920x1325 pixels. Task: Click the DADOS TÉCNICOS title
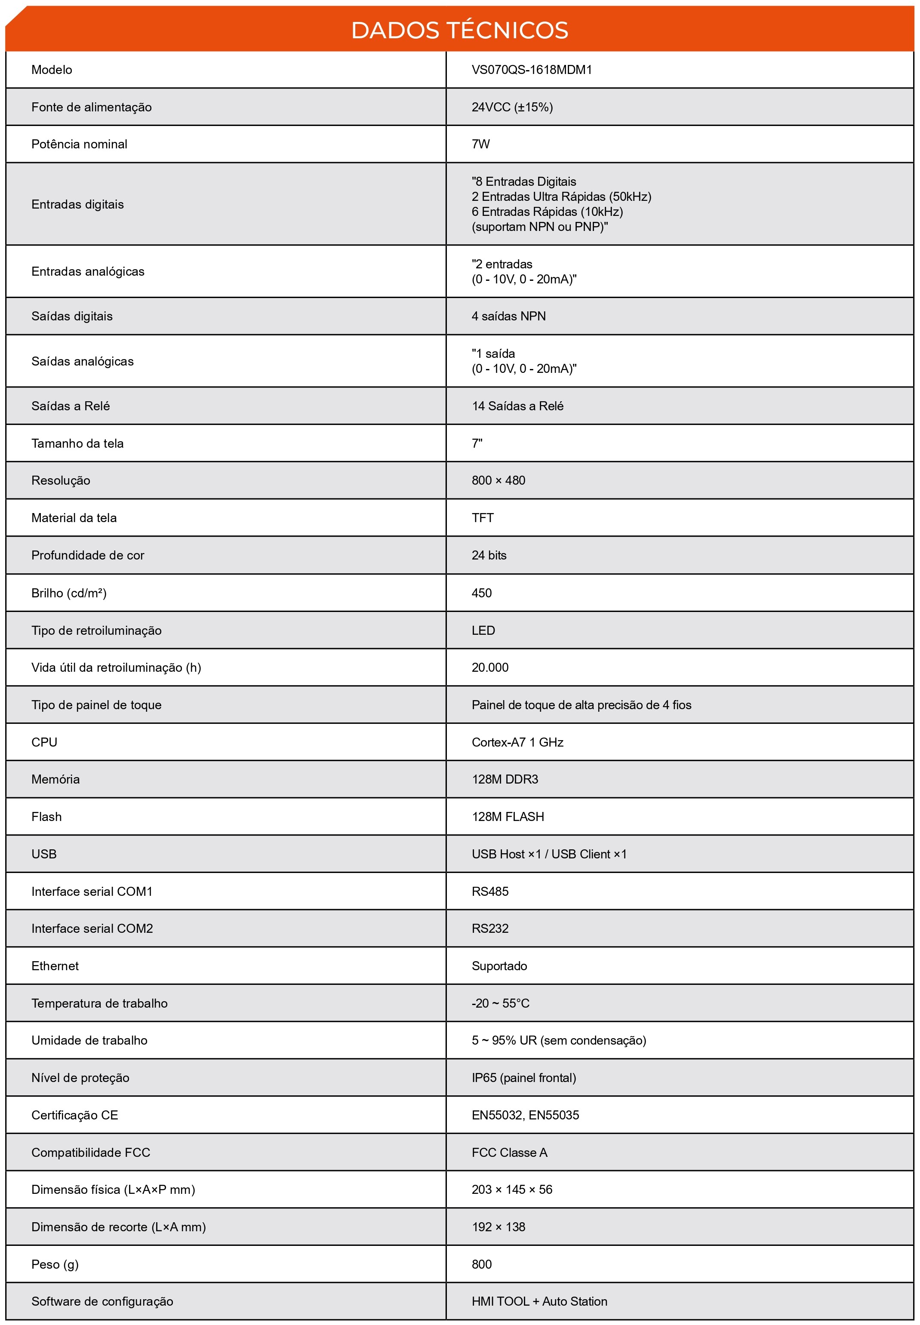pos(459,30)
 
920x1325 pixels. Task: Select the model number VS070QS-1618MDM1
pos(532,70)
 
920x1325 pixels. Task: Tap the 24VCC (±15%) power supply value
pos(512,107)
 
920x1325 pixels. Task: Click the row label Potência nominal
pos(79,144)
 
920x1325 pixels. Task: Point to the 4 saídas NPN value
pos(508,316)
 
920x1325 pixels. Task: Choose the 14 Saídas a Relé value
pos(517,406)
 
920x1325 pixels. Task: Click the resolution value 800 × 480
pos(498,480)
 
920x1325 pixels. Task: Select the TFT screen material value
pos(483,517)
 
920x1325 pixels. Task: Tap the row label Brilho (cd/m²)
pos(68,593)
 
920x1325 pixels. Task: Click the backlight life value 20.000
pos(490,667)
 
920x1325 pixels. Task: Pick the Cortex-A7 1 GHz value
pos(517,742)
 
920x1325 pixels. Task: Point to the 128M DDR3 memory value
pos(505,779)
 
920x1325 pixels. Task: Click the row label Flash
pos(46,817)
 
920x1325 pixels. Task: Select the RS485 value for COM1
pos(490,891)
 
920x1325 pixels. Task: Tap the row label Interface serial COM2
pos(92,928)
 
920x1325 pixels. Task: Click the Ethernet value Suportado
pos(499,966)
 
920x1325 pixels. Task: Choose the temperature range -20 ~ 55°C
pos(500,1003)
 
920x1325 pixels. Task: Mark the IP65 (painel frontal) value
pos(523,1078)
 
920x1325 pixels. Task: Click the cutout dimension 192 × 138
pos(498,1227)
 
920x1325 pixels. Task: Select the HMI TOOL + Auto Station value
pos(539,1301)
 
